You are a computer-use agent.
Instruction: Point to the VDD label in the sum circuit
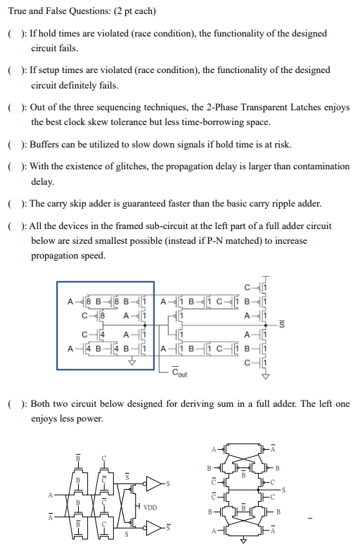point(149,506)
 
